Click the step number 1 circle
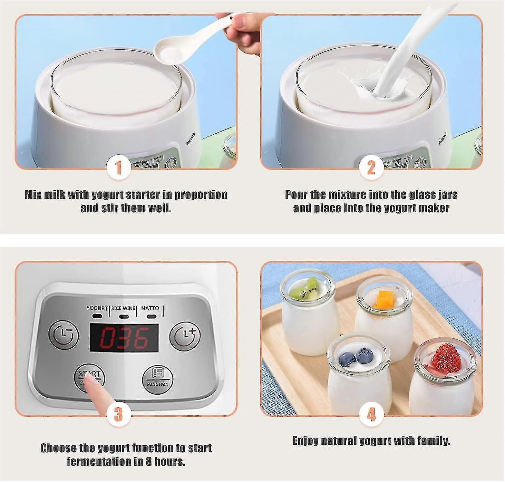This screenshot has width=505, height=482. (x=118, y=168)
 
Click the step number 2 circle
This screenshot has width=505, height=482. (x=371, y=168)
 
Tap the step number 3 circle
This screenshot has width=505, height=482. (x=118, y=414)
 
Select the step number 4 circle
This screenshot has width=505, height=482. (x=371, y=414)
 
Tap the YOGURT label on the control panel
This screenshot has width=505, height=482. (x=97, y=308)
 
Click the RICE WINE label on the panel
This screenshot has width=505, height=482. (x=123, y=308)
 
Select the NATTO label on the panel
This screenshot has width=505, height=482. (x=150, y=308)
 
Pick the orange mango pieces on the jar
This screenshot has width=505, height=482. (x=383, y=299)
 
